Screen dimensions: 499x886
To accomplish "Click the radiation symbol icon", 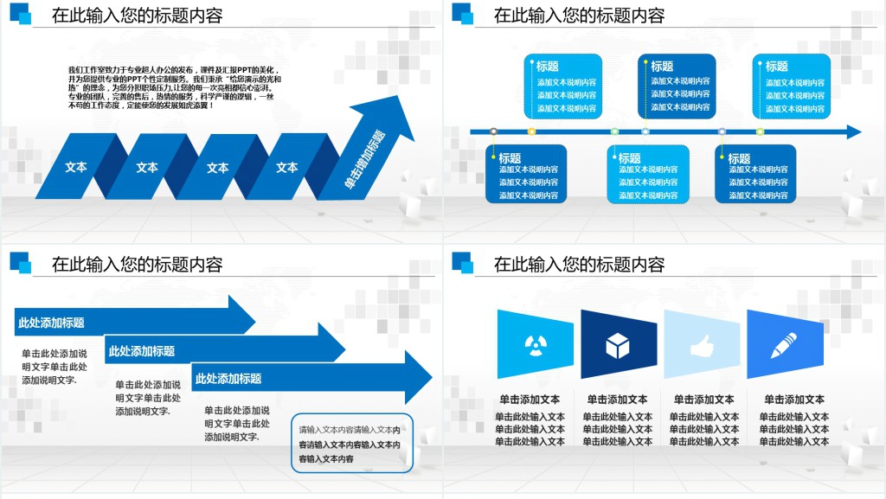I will tap(536, 345).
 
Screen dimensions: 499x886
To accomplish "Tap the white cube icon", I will tap(617, 346).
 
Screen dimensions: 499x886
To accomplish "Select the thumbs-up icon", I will tap(701, 346).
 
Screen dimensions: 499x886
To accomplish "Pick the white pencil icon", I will tap(784, 345).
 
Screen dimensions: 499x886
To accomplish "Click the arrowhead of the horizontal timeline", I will tap(854, 132).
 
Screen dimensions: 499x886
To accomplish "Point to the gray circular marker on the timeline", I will tap(493, 131).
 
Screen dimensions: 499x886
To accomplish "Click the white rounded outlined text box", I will tap(352, 444).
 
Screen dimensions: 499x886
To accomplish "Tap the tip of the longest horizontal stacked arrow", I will tap(430, 377).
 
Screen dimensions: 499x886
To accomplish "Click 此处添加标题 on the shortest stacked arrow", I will tap(52, 323).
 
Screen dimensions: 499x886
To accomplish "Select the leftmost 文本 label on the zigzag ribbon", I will tap(76, 168).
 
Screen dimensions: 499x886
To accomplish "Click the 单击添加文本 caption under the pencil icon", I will tap(794, 400).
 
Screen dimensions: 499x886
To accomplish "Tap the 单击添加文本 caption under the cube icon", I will tap(617, 400).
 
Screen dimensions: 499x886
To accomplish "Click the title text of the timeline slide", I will tap(579, 16).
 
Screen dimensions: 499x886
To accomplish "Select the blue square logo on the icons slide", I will tap(462, 263).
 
